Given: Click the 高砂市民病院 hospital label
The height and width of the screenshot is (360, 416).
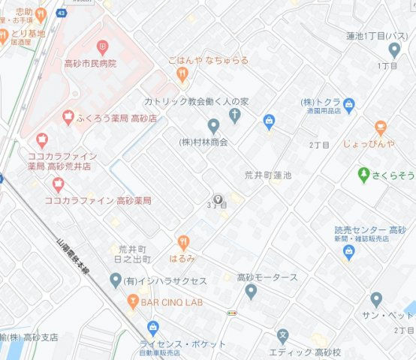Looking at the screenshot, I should [91, 64].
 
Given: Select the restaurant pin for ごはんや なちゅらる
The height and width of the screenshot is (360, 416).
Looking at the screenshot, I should [181, 73].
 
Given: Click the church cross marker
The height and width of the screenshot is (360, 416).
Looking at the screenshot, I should [234, 115].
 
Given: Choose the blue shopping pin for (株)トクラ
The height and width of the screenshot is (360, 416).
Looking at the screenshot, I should [269, 120].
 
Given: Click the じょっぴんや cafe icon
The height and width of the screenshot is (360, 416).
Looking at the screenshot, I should [381, 127].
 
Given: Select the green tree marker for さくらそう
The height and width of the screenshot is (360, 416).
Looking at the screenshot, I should [365, 174].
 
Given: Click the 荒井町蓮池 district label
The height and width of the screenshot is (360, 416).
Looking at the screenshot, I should [267, 174].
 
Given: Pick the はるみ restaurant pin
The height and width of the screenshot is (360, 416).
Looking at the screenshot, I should [182, 241].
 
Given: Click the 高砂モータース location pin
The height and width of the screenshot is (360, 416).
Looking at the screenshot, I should [252, 291].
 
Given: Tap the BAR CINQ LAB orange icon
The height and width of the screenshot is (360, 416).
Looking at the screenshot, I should [132, 301].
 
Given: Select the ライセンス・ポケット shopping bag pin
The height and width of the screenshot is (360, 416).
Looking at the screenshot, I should [153, 327].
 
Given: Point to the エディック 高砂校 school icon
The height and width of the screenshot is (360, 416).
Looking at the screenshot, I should [282, 336].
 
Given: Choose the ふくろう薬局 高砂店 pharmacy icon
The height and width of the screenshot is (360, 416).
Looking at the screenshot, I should [68, 117].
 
